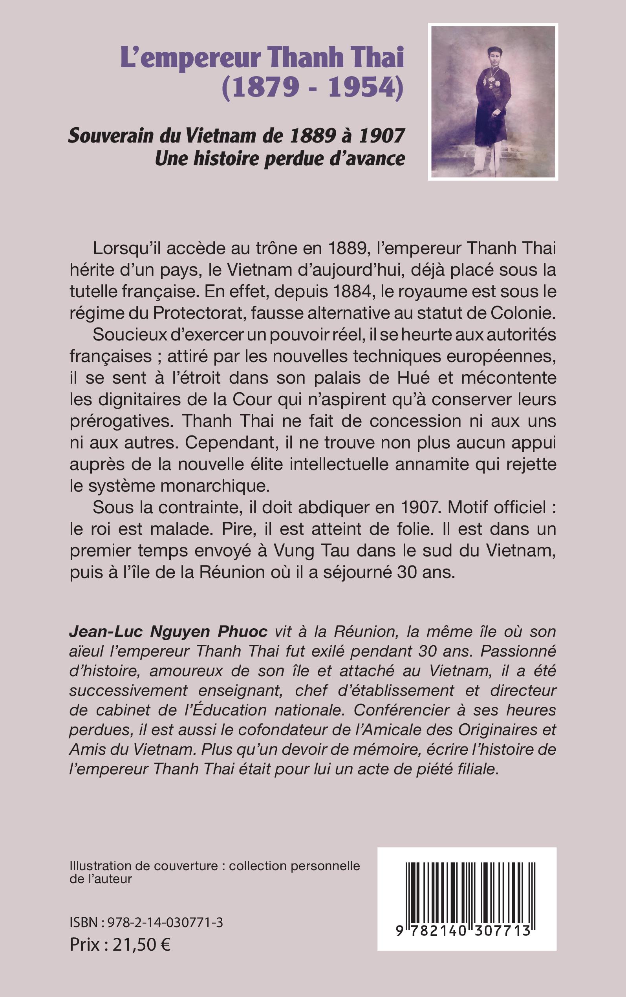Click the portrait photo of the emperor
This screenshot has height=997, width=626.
(493, 102)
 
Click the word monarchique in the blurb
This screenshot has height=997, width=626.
(215, 486)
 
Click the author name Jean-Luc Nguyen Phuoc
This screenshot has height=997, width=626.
(168, 632)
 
